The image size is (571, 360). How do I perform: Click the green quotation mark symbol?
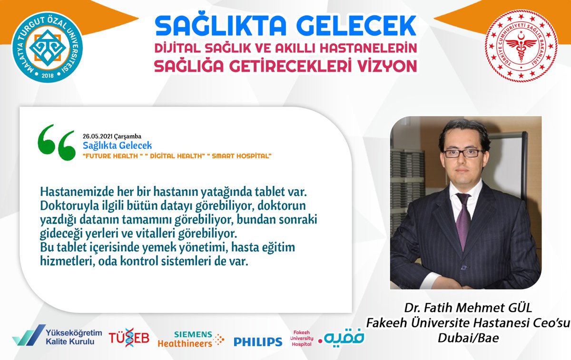pos(56,142)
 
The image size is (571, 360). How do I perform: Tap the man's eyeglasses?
pos(463,153)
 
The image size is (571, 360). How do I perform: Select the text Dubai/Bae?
pos(465,337)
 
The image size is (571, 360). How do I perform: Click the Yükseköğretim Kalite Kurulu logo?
pos(53,337)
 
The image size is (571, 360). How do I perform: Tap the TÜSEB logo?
pos(129,337)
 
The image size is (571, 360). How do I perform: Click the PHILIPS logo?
pos(257,341)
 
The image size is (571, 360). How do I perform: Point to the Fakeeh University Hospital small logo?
pos(302,338)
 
